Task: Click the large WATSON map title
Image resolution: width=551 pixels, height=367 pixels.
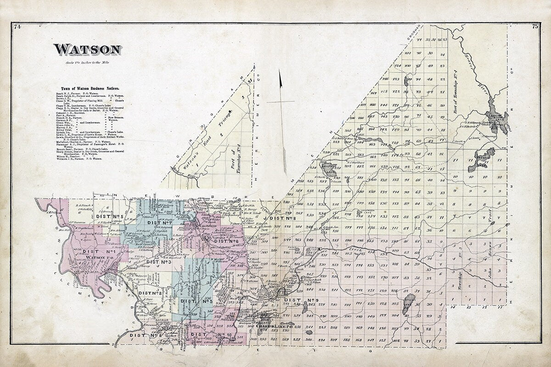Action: (x=87, y=50)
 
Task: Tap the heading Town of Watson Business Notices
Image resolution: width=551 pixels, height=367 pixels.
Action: (x=90, y=88)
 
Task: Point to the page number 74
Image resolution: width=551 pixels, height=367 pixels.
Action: (x=18, y=27)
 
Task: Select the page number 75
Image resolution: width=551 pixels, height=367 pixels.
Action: (x=535, y=27)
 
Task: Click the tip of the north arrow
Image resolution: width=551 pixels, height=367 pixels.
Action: (x=280, y=71)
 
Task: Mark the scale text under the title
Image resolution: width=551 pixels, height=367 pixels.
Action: (x=85, y=62)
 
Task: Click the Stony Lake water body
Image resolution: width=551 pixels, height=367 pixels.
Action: (x=408, y=304)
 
